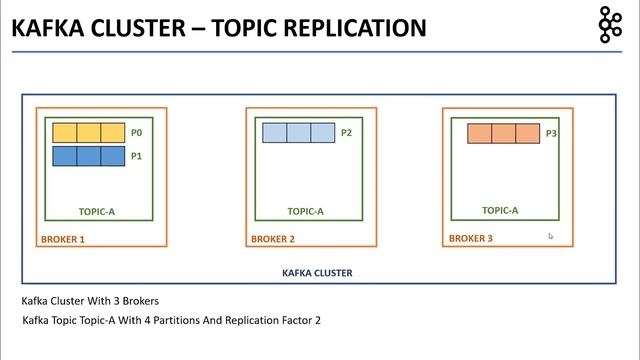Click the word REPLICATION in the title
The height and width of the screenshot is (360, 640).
[x=343, y=27]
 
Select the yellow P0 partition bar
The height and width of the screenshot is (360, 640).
[x=88, y=132]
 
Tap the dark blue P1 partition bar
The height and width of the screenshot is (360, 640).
[x=88, y=155]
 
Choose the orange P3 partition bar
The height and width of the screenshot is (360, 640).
[x=503, y=133]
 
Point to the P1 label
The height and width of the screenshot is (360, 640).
[x=137, y=156]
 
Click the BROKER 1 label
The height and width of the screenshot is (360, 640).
[x=62, y=240]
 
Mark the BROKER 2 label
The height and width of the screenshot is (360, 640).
[x=272, y=240]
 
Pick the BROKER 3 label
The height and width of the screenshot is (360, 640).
[x=470, y=239]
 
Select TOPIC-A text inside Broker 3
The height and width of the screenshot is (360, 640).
[x=500, y=210]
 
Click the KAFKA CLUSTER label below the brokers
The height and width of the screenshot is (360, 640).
[x=317, y=272]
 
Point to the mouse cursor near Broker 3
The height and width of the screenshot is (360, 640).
[x=551, y=237]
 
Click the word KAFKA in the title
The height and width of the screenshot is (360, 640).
[x=44, y=27]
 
